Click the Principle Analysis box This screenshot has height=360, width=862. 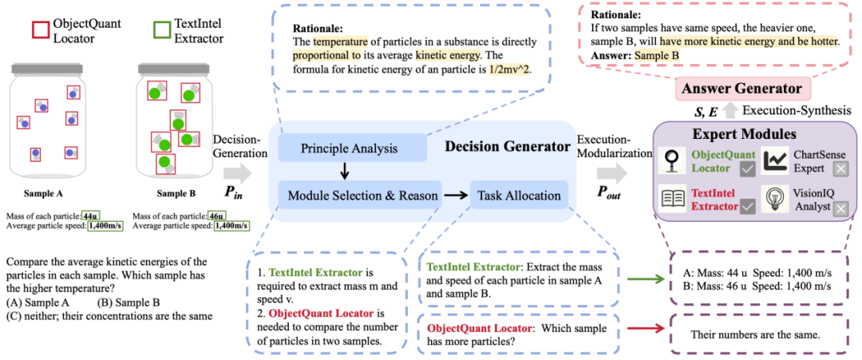pos(352,148)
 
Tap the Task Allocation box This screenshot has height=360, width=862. pos(519,195)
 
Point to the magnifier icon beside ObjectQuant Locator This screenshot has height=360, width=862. pos(673,161)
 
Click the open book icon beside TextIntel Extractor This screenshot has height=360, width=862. pos(673,200)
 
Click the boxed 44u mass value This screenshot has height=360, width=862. pos(90,216)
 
